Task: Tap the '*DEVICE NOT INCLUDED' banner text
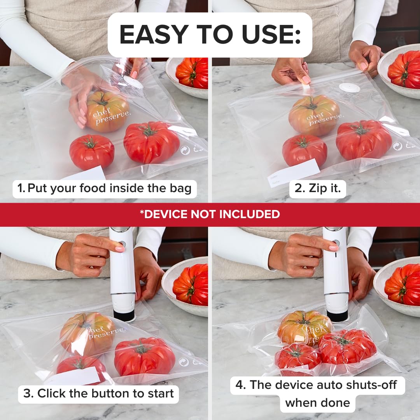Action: point(210,214)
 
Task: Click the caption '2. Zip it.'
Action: point(317,189)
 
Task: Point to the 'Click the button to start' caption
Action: point(98,393)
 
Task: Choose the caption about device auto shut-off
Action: point(318,394)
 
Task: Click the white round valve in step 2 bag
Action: point(349,88)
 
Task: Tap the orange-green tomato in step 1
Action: point(107,111)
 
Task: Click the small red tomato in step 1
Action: point(92,151)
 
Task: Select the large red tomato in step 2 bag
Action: point(364,140)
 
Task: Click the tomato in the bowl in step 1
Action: point(192,73)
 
